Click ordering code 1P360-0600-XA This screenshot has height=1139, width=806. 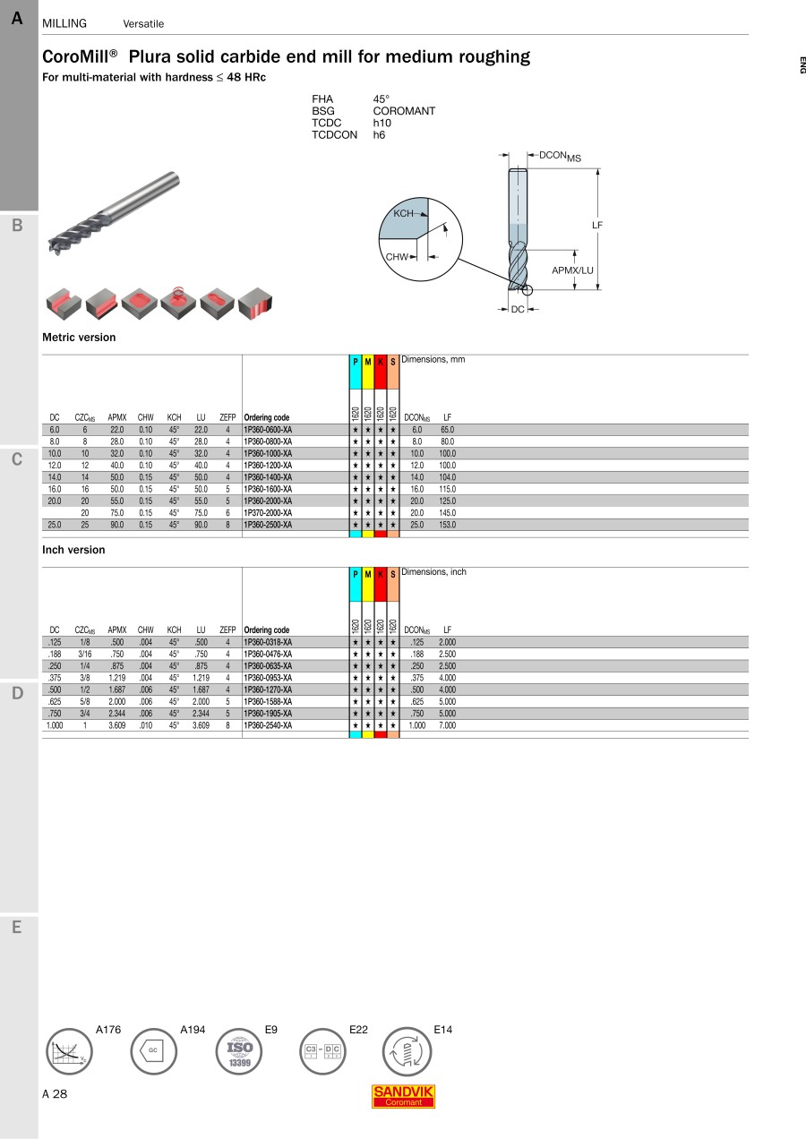268,430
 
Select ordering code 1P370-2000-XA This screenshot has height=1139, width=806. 268,512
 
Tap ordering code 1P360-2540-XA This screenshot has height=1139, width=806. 268,725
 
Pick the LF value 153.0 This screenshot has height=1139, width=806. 448,525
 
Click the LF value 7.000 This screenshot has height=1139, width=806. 448,725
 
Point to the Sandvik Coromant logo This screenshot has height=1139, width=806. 403,1096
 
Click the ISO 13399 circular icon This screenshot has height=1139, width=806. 239,1051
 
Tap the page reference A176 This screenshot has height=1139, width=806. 108,1030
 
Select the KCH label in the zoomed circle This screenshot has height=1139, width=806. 403,213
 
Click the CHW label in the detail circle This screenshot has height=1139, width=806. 397,257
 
